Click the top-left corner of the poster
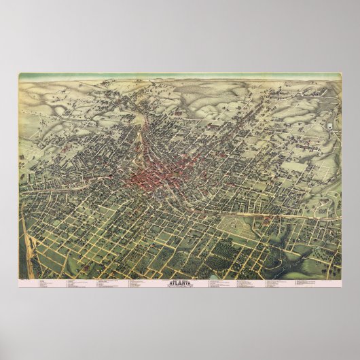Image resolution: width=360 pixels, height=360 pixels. coord(18,73)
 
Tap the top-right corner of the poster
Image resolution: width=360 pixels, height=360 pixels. coord(341,73)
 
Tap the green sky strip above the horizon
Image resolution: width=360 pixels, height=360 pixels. coord(179,77)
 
